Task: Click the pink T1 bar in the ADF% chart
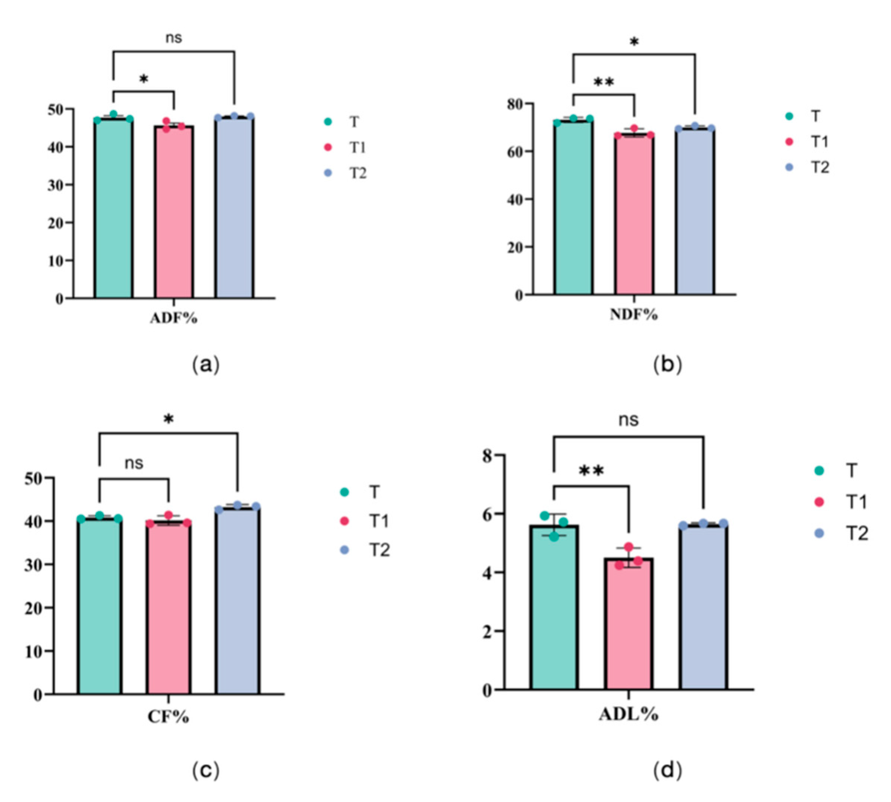[173, 212]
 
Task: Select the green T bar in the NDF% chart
[573, 207]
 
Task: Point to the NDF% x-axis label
[634, 314]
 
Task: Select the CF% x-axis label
[168, 717]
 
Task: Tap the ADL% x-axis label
[629, 714]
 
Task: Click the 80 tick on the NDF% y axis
[515, 104]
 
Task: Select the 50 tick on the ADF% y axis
[56, 109]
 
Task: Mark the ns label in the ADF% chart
[173, 38]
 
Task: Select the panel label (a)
[206, 365]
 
